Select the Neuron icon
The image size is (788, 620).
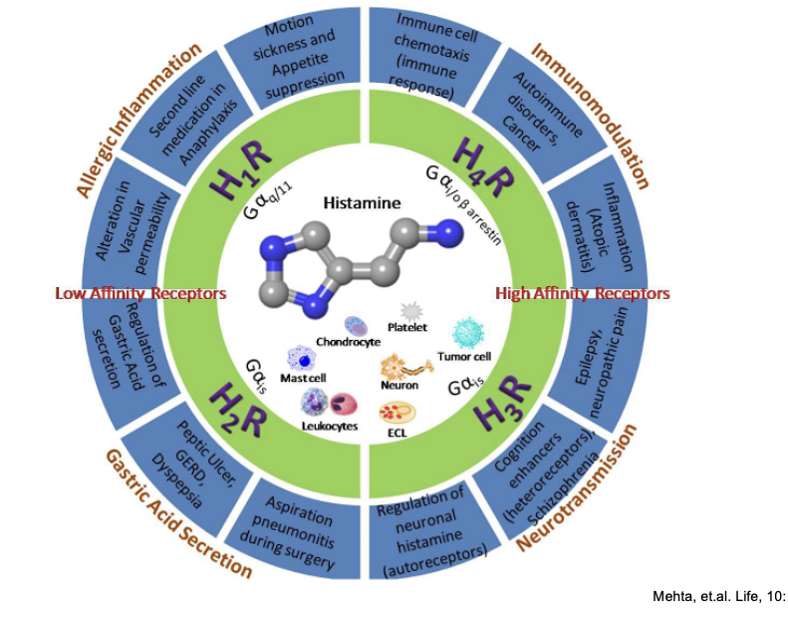pyautogui.click(x=398, y=367)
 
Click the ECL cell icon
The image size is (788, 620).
pyautogui.click(x=395, y=412)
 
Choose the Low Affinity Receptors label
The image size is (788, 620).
pyautogui.click(x=140, y=294)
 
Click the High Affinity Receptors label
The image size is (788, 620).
pyautogui.click(x=583, y=294)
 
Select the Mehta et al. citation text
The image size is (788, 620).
pyautogui.click(x=717, y=597)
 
